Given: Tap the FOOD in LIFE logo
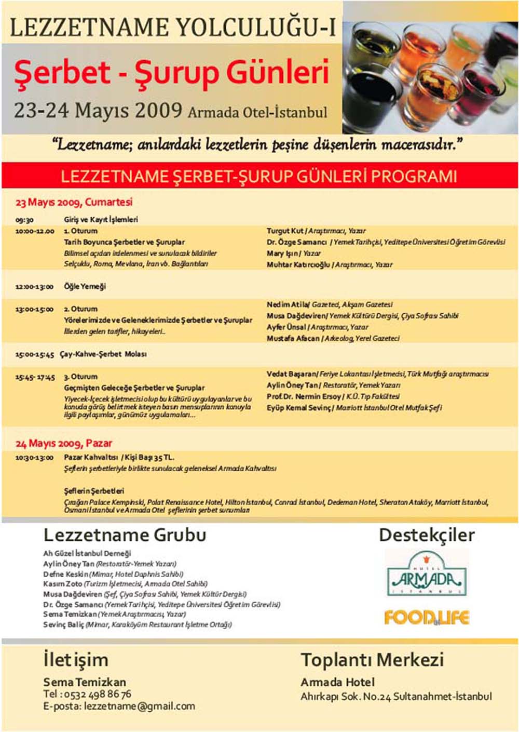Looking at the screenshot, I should point(426,617).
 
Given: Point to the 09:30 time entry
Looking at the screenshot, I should point(24,220).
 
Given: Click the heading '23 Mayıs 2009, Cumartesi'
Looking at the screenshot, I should point(74,202).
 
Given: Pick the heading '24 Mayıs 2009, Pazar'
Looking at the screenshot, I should point(64,443).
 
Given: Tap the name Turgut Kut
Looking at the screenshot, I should point(285,231).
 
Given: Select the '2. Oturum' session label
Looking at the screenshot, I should point(80,309).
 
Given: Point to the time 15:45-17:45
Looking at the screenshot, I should point(35,377).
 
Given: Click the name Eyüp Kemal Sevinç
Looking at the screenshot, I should point(298,408).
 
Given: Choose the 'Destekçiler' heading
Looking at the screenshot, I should point(427,535).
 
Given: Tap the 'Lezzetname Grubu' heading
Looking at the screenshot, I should point(125,535).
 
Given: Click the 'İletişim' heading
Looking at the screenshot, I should point(76,660).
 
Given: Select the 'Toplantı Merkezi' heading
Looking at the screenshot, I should point(372,660).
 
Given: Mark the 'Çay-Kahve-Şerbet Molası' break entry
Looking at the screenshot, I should point(103,354).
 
